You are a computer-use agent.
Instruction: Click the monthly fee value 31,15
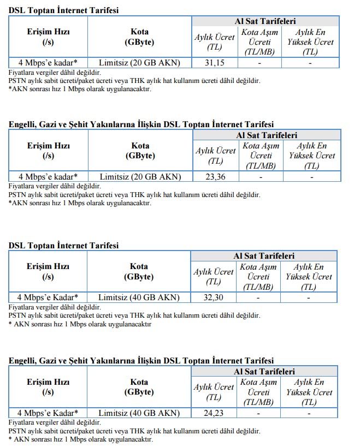pyautogui.click(x=215, y=63)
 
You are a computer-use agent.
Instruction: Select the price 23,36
pyautogui.click(x=215, y=176)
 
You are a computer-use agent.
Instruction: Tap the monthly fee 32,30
pyautogui.click(x=214, y=298)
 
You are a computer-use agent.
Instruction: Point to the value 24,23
pyautogui.click(x=214, y=413)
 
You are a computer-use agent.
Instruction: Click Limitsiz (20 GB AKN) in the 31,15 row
pyautogui.click(x=140, y=63)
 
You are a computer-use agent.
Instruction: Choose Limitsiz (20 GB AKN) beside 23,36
pyautogui.click(x=140, y=176)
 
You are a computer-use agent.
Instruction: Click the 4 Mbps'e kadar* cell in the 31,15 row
pyautogui.click(x=48, y=63)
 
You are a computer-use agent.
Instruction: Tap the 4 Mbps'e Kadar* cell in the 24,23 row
pyautogui.click(x=48, y=413)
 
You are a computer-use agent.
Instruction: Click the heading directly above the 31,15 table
pyautogui.click(x=63, y=10)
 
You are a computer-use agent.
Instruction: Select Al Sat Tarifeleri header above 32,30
pyautogui.click(x=264, y=255)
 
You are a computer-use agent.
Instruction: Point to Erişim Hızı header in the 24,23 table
pyautogui.click(x=48, y=387)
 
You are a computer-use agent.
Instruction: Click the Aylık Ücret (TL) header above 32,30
pyautogui.click(x=214, y=277)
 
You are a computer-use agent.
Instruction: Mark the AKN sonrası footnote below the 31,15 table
pyautogui.click(x=80, y=89)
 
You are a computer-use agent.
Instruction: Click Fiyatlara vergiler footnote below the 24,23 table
pyautogui.click(x=55, y=422)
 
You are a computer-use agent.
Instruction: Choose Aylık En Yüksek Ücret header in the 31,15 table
pyautogui.click(x=310, y=42)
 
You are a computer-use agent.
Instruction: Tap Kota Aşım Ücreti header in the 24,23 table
pyautogui.click(x=259, y=392)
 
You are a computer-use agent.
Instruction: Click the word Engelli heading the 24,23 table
pyautogui.click(x=22, y=361)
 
